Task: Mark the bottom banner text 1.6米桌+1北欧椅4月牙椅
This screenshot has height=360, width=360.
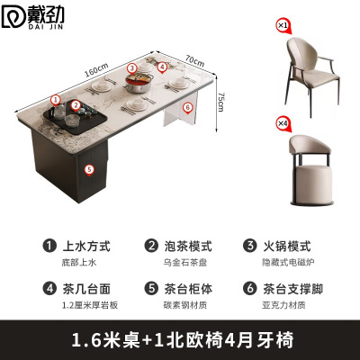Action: coord(180,340)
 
